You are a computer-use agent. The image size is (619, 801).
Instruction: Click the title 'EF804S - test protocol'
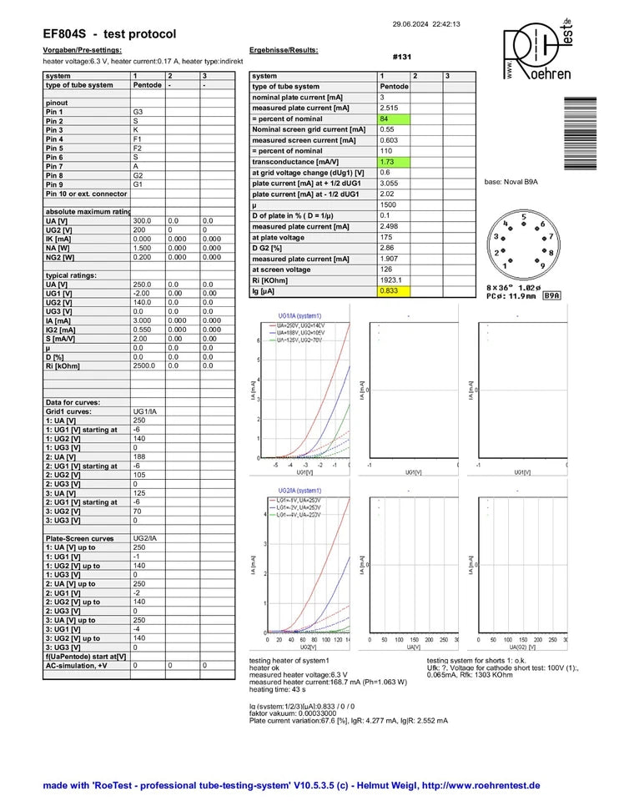coord(109,34)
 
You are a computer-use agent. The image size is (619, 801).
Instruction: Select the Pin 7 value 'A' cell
coord(147,166)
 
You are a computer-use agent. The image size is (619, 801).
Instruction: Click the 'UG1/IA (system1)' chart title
coord(299,317)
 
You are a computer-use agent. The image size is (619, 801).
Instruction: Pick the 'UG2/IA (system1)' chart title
coord(299,491)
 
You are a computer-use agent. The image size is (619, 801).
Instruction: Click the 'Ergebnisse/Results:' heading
coord(284,50)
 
